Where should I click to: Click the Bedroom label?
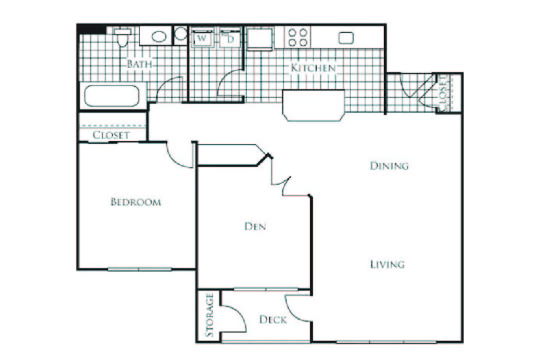pos(135,202)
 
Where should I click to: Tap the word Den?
pos(255,227)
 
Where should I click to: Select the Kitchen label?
pos(313,67)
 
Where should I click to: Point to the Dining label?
pos(389,166)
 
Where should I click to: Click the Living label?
pos(387,264)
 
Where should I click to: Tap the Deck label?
pos(273,319)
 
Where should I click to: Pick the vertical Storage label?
pos(210,316)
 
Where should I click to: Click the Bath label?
pos(139,64)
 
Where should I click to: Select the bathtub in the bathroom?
pos(111,96)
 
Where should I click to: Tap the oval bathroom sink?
pos(159,36)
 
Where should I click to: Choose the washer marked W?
pos(202,38)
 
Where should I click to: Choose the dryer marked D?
pos(231,38)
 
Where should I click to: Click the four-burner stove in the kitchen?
pos(297,37)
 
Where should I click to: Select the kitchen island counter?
pos(314,105)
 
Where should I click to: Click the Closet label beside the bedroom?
pos(111,135)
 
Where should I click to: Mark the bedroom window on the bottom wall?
pos(139,269)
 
